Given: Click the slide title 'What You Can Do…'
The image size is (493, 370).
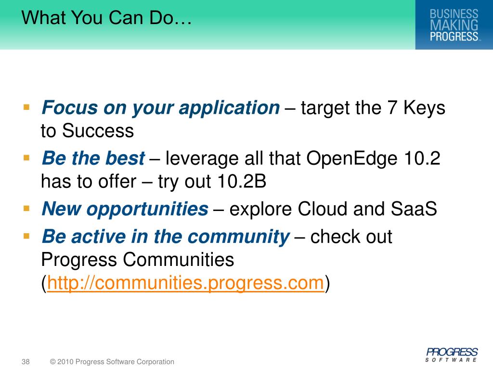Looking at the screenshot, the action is tap(106, 17).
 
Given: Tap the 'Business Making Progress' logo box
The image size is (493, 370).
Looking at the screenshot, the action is tap(454, 25).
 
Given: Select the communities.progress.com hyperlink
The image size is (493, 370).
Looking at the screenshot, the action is tap(185, 283).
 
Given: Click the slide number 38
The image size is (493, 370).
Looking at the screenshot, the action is tap(26, 362).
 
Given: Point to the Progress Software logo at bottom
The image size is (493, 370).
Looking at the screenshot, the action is tap(452, 355).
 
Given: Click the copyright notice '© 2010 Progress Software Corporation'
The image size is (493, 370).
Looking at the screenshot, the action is tap(112, 362).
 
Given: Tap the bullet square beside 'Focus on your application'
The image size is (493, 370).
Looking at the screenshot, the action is tap(26, 107).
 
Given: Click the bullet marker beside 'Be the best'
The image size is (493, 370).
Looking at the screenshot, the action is tap(26, 158).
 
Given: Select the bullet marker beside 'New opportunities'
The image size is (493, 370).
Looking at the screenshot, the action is tap(26, 208).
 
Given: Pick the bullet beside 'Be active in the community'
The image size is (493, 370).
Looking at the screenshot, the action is tap(26, 236).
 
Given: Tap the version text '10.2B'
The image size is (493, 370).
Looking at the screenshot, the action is tap(242, 182).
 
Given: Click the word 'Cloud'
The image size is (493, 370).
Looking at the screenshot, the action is tap(323, 209).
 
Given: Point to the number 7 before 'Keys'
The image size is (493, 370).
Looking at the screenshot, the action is tap(392, 107).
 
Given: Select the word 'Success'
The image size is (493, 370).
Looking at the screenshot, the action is tap(98, 131).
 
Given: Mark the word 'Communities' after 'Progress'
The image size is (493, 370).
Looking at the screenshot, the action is tap(178, 260).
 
